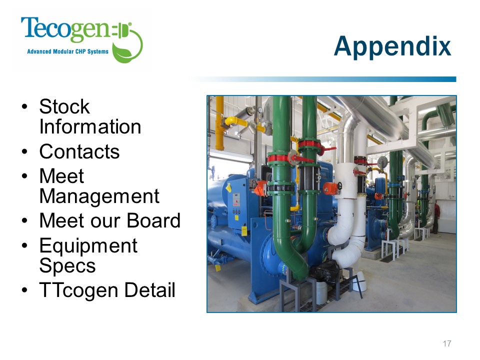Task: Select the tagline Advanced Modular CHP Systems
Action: coord(67,51)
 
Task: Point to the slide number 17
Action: coord(447,343)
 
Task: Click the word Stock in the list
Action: coord(64,106)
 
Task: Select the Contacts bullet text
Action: coord(79,151)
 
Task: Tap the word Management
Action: coord(99,196)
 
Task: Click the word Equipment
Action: coord(88,245)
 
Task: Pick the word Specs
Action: coord(67,265)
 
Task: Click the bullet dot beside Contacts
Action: coord(25,151)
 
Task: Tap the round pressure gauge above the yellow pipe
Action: coord(259,110)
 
